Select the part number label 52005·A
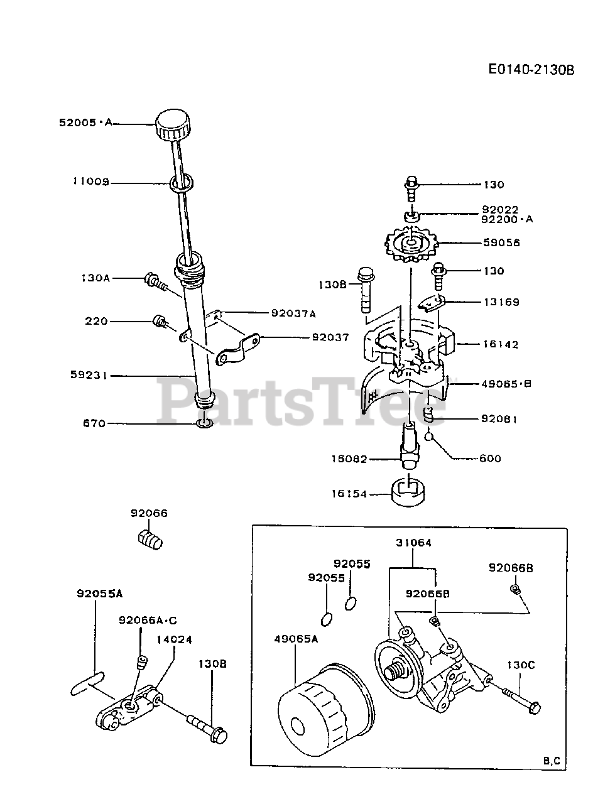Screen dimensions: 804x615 click(85, 123)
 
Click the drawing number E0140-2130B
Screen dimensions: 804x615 click(531, 70)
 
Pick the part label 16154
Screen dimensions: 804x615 click(350, 494)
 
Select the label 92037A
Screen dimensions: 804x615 click(293, 313)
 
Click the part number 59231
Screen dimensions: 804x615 click(90, 375)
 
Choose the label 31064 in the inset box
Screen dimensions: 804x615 click(413, 543)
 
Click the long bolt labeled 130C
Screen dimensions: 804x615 click(520, 698)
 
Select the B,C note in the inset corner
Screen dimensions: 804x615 click(552, 761)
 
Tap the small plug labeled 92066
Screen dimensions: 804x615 click(150, 539)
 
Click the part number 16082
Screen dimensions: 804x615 click(349, 459)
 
